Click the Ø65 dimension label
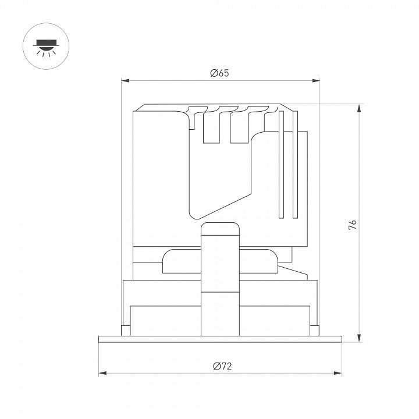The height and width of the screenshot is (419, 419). coord(219,73)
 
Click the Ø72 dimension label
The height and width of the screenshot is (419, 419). coord(222,366)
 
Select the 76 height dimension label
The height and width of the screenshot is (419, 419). coord(353,225)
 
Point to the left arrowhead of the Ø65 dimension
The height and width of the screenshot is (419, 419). coord(125,80)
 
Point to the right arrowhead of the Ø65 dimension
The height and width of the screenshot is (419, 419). coord(316,80)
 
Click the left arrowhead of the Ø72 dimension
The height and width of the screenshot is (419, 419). coord(102,373)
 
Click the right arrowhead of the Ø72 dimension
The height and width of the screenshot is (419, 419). coord(338,373)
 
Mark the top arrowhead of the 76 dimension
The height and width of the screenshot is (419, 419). coord(360,108)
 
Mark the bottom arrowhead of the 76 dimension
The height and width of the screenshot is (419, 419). coord(360,338)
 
